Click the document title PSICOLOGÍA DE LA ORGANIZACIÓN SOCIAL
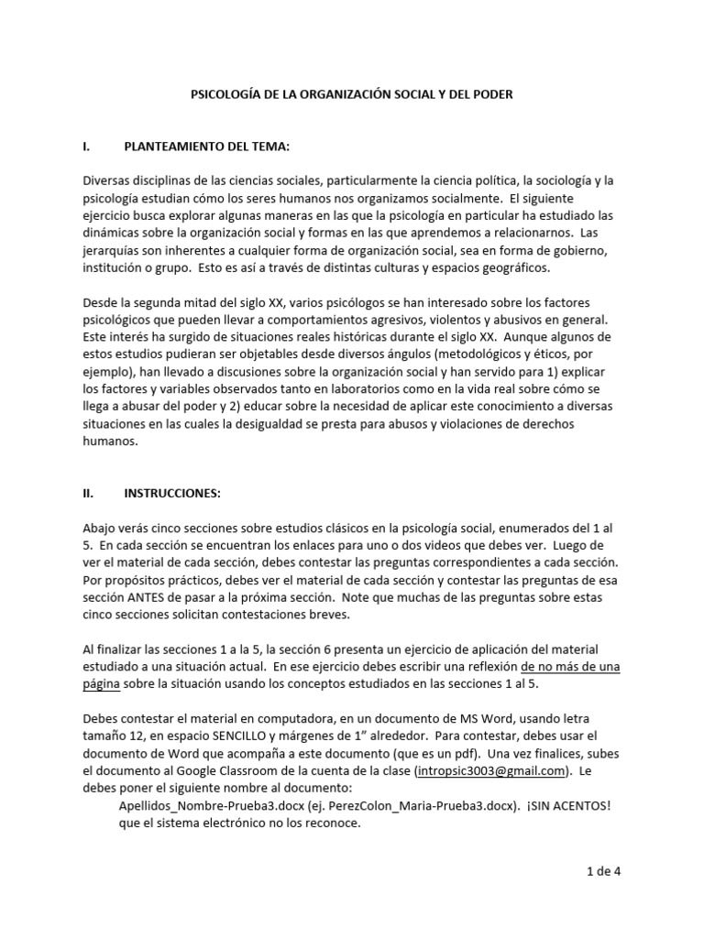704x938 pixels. (351, 94)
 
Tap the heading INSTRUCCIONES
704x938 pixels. (171, 493)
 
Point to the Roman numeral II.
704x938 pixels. (89, 493)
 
